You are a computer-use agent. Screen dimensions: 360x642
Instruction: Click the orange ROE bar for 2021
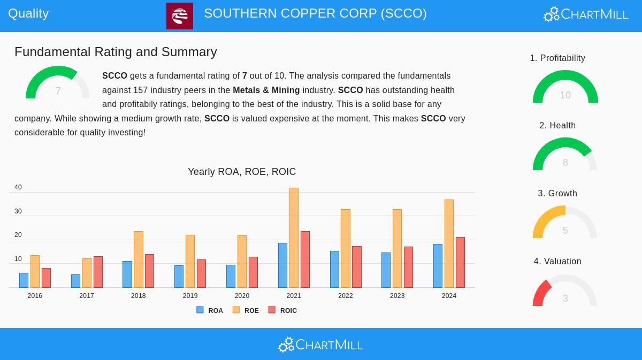[294, 238]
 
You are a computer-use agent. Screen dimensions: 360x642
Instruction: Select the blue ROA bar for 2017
[75, 281]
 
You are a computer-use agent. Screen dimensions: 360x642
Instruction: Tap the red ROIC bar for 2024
[460, 262]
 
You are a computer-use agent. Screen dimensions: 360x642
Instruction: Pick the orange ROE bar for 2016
[35, 271]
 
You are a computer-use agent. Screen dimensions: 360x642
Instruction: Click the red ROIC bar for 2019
[201, 273]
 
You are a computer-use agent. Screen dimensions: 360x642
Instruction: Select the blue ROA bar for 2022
[334, 269]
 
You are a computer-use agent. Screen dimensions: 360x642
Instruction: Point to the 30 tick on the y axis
[18, 211]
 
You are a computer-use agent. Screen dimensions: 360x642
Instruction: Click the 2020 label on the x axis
[242, 296]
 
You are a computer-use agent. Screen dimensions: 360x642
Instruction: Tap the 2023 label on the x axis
[397, 296]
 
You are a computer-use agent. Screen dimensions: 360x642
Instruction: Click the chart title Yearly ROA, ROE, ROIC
[242, 172]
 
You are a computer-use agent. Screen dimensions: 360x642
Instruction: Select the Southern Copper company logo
[180, 16]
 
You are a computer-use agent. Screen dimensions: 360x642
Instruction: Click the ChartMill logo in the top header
[586, 14]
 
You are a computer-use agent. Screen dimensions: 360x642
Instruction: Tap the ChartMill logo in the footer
[320, 345]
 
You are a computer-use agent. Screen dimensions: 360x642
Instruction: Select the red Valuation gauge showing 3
[565, 292]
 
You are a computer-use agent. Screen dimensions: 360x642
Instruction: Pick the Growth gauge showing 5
[565, 223]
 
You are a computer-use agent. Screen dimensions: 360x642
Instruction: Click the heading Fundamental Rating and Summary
[116, 52]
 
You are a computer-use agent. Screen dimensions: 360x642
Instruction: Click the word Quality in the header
[28, 13]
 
